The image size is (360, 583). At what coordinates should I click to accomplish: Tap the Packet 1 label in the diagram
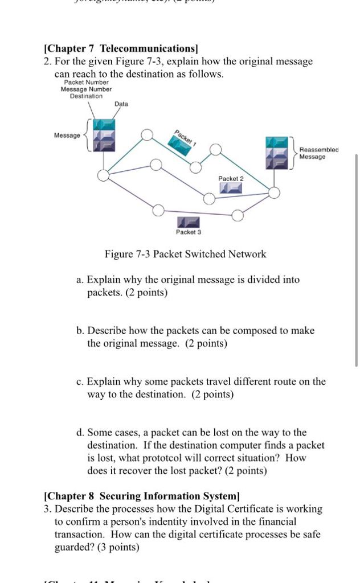click(x=185, y=137)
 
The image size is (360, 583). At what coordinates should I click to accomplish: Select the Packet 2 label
click(x=231, y=178)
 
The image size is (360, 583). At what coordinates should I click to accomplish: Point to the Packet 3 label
click(x=189, y=232)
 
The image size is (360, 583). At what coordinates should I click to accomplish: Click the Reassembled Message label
click(x=318, y=153)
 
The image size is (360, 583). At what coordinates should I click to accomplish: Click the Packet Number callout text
click(x=86, y=83)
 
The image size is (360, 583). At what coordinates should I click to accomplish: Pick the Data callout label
click(x=121, y=104)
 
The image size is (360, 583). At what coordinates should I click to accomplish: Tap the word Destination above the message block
click(x=86, y=96)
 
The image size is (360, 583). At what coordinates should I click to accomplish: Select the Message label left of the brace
click(x=67, y=135)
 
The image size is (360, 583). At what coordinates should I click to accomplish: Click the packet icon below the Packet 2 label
click(x=231, y=188)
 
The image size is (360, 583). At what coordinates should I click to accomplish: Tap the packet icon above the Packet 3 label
click(x=189, y=222)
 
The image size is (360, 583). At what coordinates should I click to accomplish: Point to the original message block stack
click(x=104, y=136)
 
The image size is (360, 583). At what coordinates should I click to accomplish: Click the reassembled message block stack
click(x=276, y=153)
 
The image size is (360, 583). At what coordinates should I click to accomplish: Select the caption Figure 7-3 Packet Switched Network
click(x=185, y=254)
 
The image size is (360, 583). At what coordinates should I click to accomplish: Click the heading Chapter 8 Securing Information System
click(x=142, y=496)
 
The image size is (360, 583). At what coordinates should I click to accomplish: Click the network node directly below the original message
click(x=103, y=175)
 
